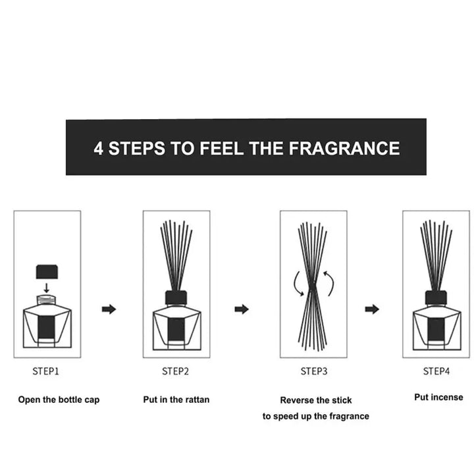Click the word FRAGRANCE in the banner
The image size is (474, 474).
click(344, 148)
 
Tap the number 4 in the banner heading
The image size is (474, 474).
click(98, 148)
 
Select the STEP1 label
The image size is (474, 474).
click(45, 371)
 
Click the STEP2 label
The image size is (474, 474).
click(175, 371)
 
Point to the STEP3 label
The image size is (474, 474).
click(314, 371)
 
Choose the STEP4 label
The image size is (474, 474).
click(436, 371)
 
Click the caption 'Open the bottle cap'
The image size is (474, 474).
click(59, 400)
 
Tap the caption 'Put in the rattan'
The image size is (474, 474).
click(176, 400)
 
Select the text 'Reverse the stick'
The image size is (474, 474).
click(316, 400)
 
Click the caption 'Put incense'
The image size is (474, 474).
click(438, 397)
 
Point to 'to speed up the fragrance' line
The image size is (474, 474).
click(315, 416)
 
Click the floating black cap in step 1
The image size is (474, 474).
click(47, 271)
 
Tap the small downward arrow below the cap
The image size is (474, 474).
click(46, 288)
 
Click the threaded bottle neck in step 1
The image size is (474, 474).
click(46, 300)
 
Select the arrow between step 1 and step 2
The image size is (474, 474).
click(109, 309)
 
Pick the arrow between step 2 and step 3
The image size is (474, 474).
click(242, 309)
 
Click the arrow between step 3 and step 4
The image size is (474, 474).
click(372, 309)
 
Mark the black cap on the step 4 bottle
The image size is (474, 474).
click(436, 298)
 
